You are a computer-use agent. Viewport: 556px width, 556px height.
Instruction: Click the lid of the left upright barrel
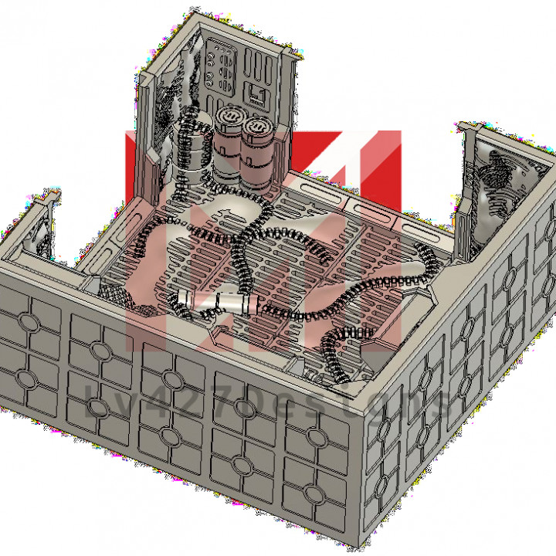[229, 117]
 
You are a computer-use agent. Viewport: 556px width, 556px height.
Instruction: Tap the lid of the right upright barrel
[256, 125]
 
